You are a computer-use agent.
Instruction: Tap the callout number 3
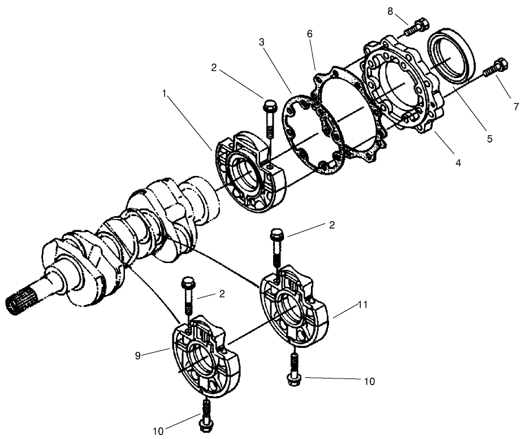[261, 42]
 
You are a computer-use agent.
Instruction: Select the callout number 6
[309, 35]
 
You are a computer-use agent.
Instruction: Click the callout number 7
[515, 106]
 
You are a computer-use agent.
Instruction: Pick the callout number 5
[490, 138]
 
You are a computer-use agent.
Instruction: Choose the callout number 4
[458, 163]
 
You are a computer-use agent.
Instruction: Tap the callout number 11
[362, 305]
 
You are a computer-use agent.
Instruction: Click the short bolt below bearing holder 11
[295, 368]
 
